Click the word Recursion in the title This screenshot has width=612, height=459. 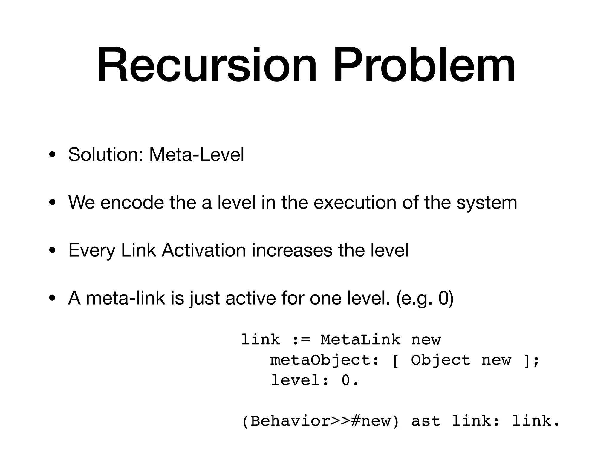206,65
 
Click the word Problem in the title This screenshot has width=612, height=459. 425,65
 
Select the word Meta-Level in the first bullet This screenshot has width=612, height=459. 196,154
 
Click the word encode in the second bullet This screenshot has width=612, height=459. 132,202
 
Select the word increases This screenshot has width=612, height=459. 292,250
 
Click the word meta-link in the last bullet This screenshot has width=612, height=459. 126,298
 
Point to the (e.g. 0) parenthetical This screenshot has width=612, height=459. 425,299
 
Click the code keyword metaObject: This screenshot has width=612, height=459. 325,360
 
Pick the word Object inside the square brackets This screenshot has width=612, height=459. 440,360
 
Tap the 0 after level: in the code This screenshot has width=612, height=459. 345,380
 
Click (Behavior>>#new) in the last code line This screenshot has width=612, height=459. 320,421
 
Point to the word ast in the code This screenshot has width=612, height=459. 426,421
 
